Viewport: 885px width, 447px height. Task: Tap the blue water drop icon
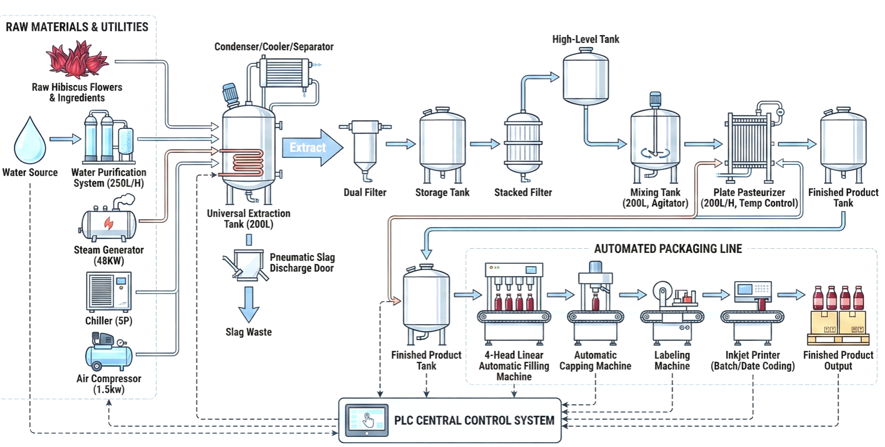click(30, 142)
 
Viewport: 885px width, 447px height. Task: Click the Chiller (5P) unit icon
click(109, 291)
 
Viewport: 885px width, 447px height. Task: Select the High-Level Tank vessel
click(585, 77)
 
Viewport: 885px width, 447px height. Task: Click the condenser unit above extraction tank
click(284, 73)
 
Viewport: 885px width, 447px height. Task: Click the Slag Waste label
click(248, 332)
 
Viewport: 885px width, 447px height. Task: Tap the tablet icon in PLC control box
click(367, 420)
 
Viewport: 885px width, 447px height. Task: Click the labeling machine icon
click(671, 312)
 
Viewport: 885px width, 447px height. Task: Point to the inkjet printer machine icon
click(752, 309)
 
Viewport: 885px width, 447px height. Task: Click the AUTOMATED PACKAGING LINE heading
click(667, 249)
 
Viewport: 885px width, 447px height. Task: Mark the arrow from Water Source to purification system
click(65, 139)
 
